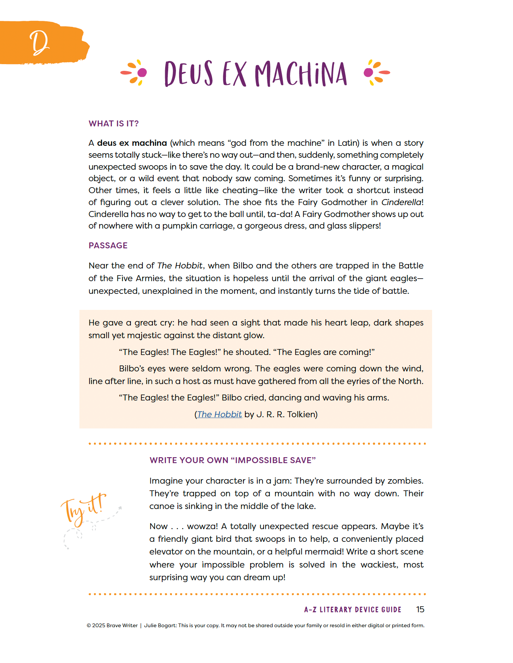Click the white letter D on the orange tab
click(39, 43)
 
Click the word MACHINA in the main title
click(301, 74)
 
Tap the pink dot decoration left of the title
click(142, 72)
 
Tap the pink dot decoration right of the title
click(368, 72)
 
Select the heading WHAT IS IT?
click(113, 124)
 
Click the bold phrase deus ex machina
click(132, 143)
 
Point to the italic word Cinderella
click(401, 202)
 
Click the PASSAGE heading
click(108, 245)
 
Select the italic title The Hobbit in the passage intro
click(180, 265)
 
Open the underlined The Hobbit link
click(219, 414)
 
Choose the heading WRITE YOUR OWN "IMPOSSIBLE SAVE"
click(232, 460)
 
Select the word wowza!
click(202, 526)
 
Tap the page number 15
click(420, 609)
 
